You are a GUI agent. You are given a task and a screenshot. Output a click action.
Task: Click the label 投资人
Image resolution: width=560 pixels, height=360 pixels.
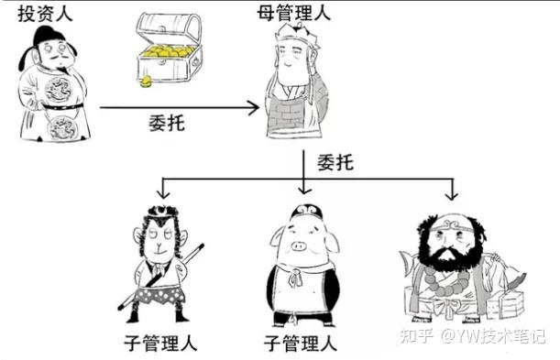45,15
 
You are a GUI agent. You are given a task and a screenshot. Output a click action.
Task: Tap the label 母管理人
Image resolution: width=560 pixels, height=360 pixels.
294,14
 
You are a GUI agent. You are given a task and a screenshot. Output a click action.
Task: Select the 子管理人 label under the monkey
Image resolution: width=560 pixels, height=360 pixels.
160,343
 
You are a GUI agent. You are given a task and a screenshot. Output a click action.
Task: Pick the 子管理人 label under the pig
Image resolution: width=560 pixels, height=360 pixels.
301,343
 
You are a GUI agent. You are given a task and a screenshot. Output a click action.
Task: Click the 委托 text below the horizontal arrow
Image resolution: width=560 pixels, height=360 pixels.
167,124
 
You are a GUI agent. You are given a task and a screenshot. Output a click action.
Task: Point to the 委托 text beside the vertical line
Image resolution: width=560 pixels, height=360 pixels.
335,162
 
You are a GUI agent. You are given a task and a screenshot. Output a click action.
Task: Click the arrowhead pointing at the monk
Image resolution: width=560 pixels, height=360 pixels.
254,107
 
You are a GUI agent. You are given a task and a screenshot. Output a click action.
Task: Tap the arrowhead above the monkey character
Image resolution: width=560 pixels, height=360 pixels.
163,193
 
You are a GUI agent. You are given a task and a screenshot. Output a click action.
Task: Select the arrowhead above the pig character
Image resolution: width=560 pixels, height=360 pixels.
304,190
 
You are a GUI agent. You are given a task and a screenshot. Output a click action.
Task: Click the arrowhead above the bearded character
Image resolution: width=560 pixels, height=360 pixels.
452,195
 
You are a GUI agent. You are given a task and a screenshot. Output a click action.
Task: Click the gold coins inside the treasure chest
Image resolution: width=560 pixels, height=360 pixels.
167,52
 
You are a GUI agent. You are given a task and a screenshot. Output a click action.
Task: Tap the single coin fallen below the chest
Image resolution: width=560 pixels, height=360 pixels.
146,82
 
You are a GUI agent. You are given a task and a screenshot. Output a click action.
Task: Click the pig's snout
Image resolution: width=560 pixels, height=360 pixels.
299,246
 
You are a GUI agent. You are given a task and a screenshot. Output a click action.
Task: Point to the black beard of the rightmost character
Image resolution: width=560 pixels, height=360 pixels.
452,255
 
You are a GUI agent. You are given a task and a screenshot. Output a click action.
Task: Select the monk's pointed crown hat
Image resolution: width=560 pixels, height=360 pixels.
295,33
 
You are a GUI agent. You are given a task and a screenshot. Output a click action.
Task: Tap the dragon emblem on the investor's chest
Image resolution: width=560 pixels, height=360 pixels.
58,89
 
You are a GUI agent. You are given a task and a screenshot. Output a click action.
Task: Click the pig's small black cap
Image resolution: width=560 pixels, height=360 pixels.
306,211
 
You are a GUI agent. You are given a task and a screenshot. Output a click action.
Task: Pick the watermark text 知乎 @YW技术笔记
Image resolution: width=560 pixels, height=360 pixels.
473,336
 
